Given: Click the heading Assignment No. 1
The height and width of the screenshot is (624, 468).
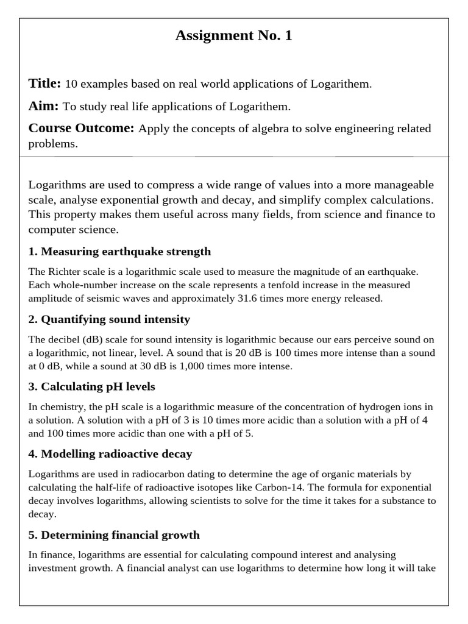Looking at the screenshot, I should click(x=234, y=36).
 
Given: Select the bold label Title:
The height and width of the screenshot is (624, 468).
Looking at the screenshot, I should click(x=44, y=83).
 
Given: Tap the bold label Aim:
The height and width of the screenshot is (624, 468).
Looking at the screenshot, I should click(x=43, y=106).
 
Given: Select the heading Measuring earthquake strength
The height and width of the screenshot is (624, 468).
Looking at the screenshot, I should click(x=119, y=251).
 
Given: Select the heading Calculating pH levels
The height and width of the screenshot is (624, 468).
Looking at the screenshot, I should click(x=91, y=386).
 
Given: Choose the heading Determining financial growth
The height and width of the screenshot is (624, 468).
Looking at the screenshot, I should click(x=114, y=535).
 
